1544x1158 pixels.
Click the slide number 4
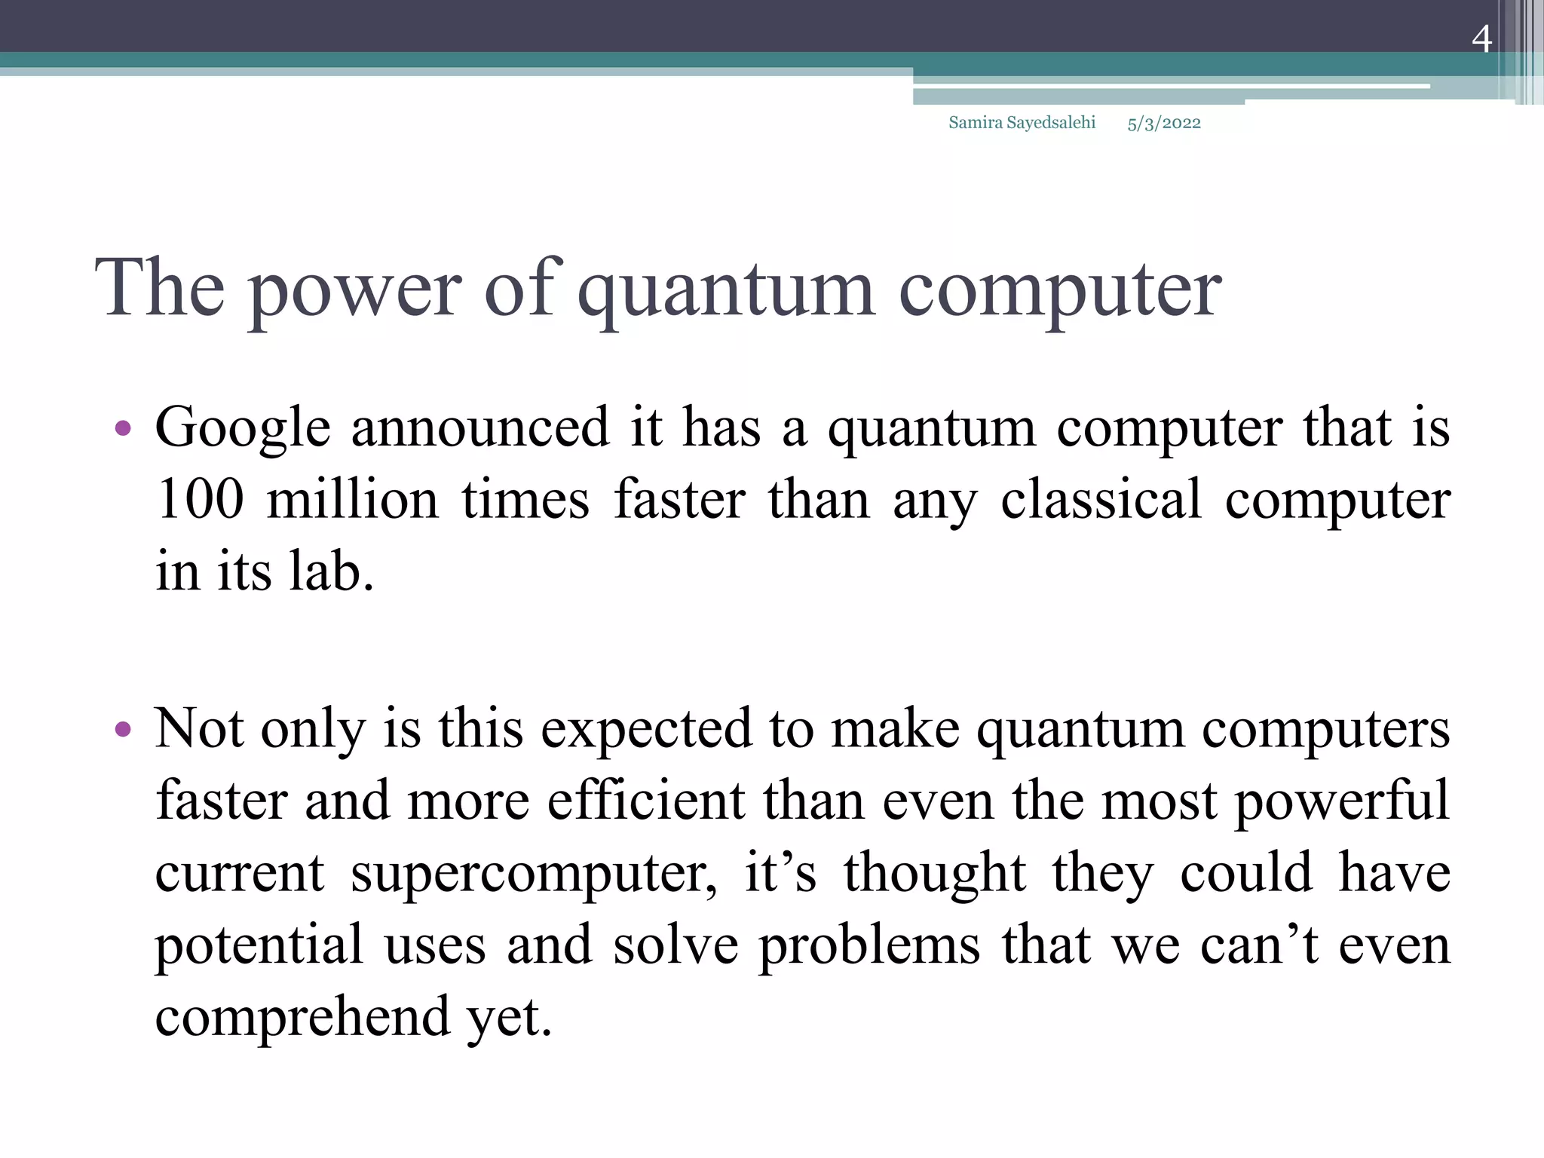[1481, 39]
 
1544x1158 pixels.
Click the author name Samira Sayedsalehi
[1022, 123]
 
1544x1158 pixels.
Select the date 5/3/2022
[1163, 124]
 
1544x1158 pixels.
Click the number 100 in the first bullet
[201, 499]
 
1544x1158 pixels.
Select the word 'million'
[353, 499]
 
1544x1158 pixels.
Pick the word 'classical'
[1101, 499]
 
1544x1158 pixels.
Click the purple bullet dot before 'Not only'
[123, 730]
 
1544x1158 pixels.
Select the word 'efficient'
[646, 801]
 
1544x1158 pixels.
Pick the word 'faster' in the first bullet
[679, 499]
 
